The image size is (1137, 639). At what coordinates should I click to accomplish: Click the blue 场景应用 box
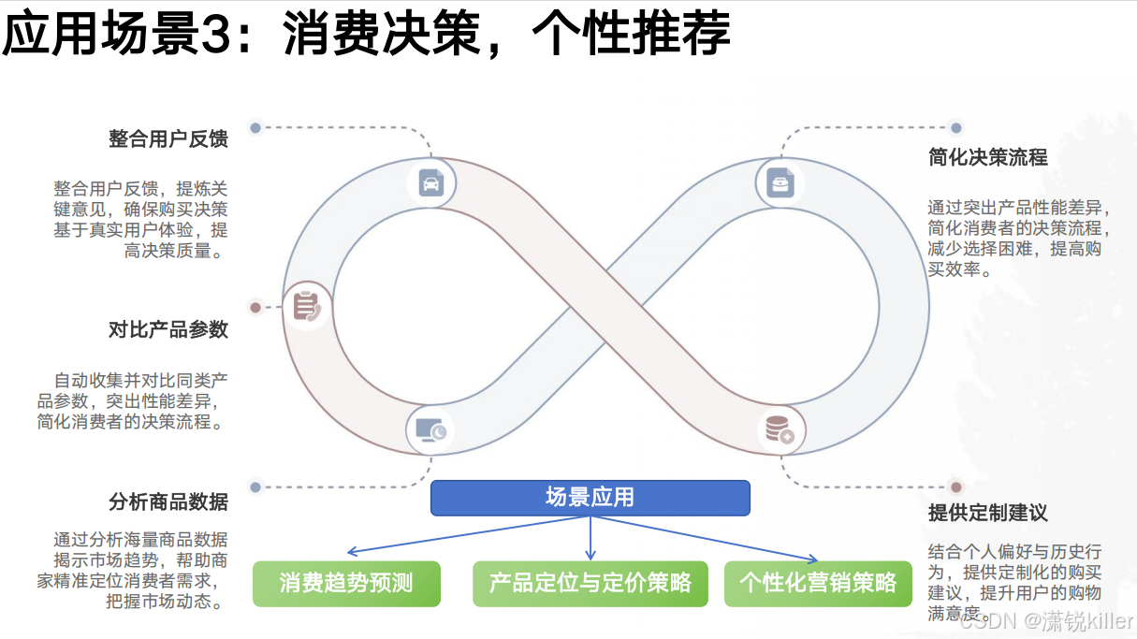590,498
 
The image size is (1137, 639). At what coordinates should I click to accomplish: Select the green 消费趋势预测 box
346,584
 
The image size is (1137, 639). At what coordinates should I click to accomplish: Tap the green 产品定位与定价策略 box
590,584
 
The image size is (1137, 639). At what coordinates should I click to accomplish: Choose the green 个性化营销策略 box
818,584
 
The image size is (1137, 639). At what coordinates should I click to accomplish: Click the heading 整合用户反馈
168,138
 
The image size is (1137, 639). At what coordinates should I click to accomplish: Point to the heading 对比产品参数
168,330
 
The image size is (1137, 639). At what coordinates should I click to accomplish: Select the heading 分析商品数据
168,502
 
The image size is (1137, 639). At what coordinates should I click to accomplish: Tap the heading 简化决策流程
987,157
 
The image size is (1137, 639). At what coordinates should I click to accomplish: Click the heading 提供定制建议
987,513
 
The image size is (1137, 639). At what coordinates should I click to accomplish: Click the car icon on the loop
430,182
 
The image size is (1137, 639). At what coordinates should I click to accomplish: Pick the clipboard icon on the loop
306,306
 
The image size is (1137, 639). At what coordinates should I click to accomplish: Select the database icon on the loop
779,430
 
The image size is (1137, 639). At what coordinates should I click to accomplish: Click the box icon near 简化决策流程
780,182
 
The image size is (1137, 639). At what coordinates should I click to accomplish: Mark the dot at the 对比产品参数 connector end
255,307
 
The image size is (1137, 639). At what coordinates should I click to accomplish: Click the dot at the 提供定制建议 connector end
955,487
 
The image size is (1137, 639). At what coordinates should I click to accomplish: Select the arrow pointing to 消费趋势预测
351,552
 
